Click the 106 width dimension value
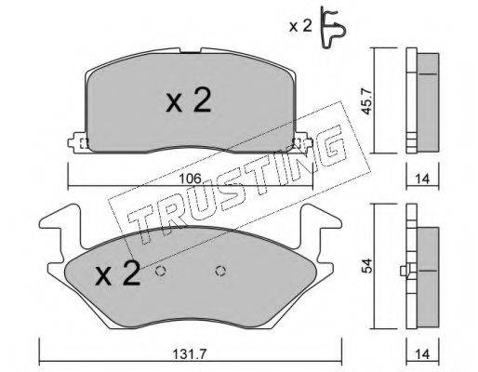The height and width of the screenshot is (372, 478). pyautogui.click(x=191, y=179)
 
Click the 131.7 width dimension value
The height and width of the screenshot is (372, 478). pyautogui.click(x=191, y=353)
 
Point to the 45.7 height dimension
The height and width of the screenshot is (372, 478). pyautogui.click(x=368, y=100)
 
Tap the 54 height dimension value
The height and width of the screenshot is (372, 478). pyautogui.click(x=368, y=266)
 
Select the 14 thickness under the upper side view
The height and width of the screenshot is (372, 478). pyautogui.click(x=422, y=179)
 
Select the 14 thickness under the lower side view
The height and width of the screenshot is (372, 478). pyautogui.click(x=422, y=353)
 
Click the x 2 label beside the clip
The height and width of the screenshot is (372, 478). pyautogui.click(x=300, y=26)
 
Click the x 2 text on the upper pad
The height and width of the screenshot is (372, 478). pyautogui.click(x=189, y=100)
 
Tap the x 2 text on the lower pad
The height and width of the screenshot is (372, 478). pyautogui.click(x=117, y=272)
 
